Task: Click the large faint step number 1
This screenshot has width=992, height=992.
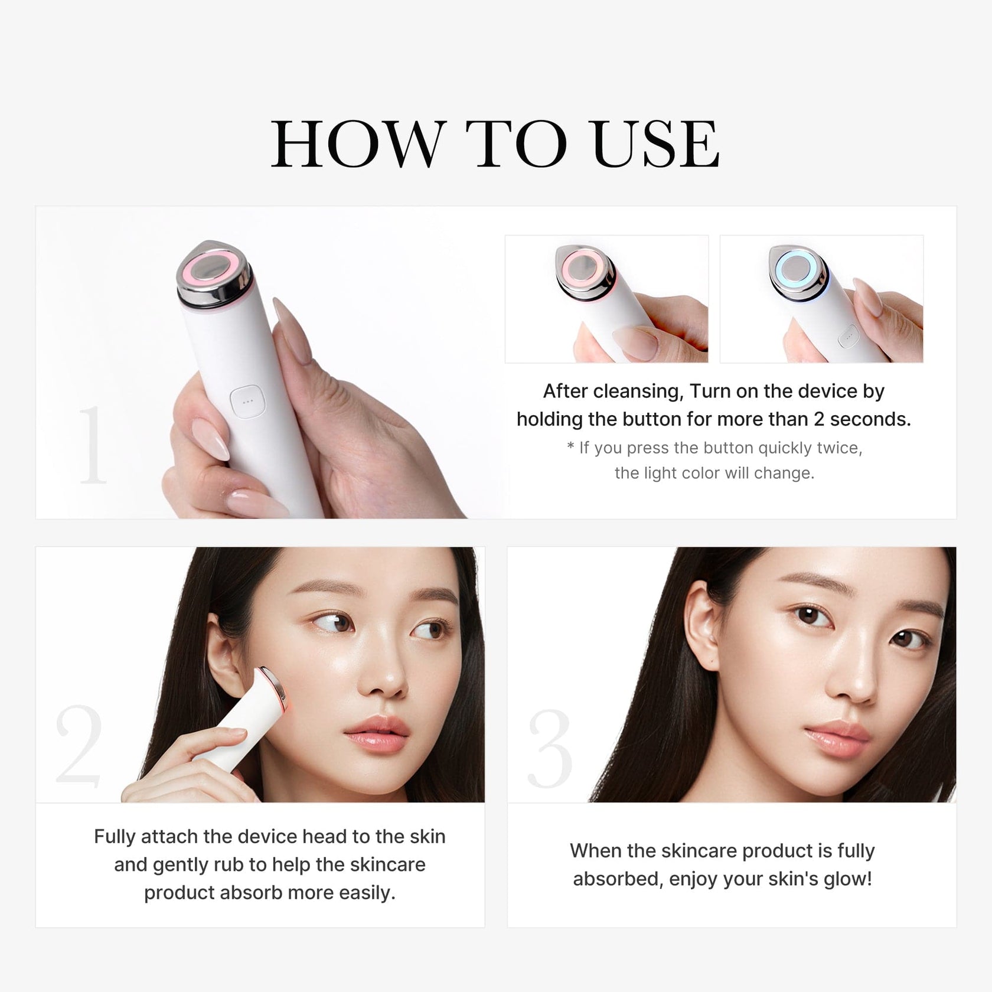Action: point(93,445)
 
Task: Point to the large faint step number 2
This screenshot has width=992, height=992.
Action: point(79,745)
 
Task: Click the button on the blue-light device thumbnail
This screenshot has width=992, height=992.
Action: point(849,335)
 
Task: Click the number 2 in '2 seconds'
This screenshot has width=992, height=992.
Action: point(818,419)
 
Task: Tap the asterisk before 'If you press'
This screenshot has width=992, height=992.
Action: point(570,447)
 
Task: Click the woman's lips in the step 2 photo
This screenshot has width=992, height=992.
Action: point(377,736)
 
